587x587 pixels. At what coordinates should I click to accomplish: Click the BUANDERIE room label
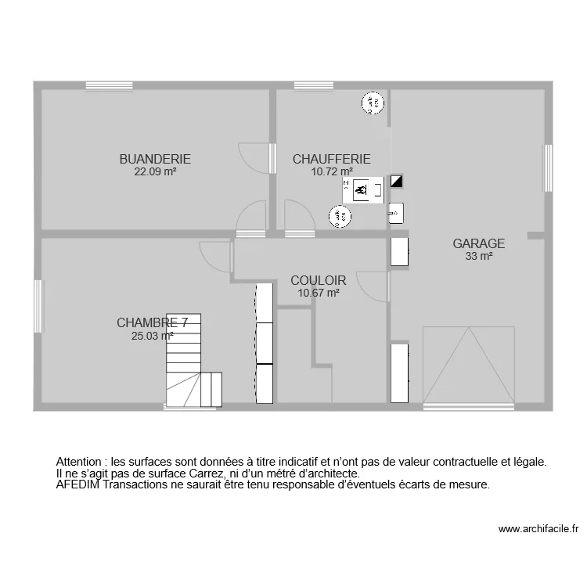[x=155, y=159]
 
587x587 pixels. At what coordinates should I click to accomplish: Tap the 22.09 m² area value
[x=155, y=171]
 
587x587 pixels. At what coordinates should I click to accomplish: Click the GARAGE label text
[x=478, y=243]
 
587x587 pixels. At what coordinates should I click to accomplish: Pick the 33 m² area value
[x=478, y=256]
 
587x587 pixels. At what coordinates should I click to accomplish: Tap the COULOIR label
[x=318, y=280]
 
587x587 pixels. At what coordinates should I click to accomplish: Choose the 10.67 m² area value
[x=318, y=293]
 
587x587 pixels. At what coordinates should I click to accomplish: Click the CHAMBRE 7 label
[x=152, y=322]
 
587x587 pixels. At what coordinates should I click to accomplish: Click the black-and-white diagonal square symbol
[x=397, y=182]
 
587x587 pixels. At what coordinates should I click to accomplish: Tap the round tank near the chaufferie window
[x=373, y=103]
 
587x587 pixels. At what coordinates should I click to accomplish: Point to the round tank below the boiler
[x=339, y=216]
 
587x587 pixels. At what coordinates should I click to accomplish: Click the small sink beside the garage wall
[x=396, y=211]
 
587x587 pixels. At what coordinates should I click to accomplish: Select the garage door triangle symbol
[x=468, y=366]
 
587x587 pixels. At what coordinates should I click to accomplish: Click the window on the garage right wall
[x=549, y=167]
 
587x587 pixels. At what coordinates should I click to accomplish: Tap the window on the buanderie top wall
[x=108, y=85]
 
